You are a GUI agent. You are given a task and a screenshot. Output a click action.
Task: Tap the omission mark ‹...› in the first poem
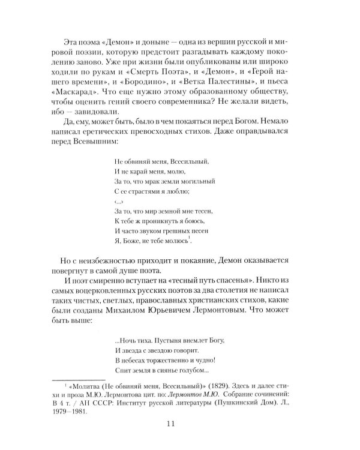pos(117,203)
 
